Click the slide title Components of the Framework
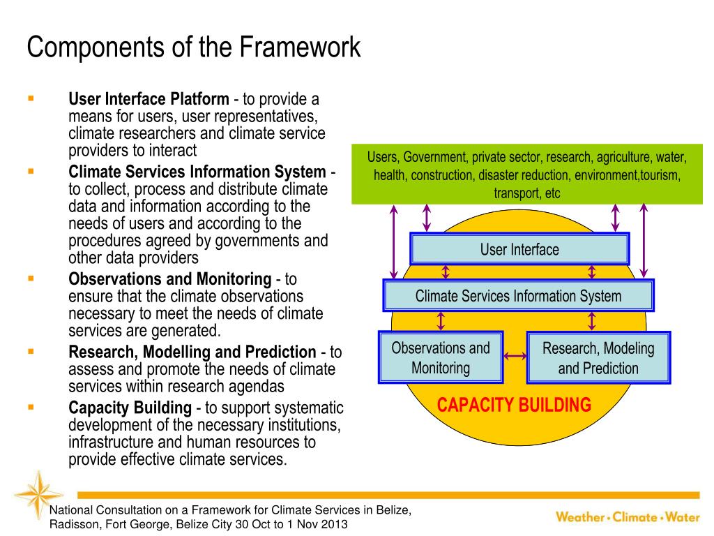[x=194, y=47]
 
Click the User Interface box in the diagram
[x=519, y=249]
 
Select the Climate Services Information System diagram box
[x=518, y=296]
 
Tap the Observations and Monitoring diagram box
[x=441, y=357]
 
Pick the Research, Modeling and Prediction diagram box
[x=598, y=358]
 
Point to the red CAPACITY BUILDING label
[x=514, y=405]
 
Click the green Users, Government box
[x=527, y=174]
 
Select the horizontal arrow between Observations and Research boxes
[x=515, y=357]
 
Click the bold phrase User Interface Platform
[x=149, y=99]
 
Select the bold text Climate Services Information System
[x=197, y=172]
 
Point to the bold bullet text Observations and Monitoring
[x=169, y=279]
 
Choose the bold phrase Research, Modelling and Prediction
[x=192, y=352]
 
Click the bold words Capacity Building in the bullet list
[x=130, y=408]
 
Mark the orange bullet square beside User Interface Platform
[x=31, y=98]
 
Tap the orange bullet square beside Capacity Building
[x=31, y=406]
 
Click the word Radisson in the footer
[x=73, y=525]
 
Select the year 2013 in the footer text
[x=333, y=525]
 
